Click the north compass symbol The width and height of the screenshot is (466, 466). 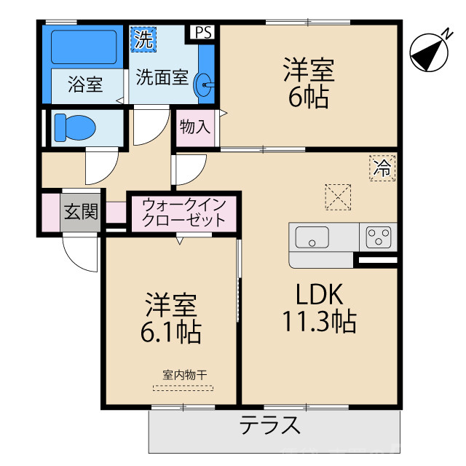(428, 53)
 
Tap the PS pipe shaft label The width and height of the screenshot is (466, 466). (204, 32)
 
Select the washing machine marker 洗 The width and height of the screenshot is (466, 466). (143, 40)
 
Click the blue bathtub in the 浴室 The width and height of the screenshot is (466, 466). (84, 48)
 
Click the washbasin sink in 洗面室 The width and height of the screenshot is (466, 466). (207, 87)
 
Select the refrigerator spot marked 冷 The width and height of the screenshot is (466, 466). (382, 168)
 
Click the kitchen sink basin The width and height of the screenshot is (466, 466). (312, 237)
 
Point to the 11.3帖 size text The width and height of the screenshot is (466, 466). (319, 320)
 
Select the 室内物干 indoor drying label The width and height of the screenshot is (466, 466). (183, 376)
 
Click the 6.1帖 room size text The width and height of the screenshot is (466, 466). (171, 332)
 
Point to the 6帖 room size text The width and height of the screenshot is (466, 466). (308, 98)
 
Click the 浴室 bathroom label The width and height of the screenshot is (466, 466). (85, 84)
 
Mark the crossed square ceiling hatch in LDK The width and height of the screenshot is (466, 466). (337, 194)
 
